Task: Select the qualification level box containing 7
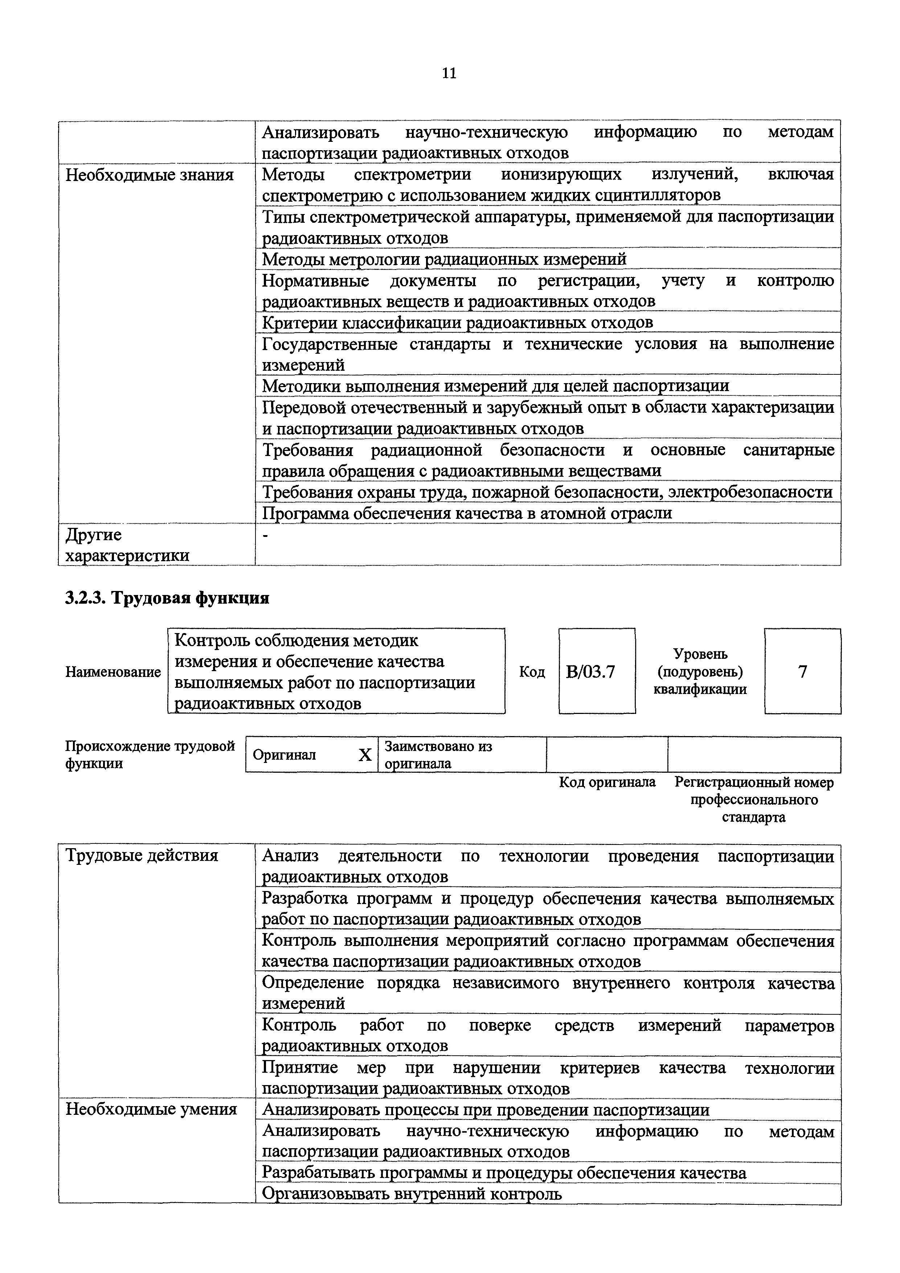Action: pos(802,672)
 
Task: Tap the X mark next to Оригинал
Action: pos(364,755)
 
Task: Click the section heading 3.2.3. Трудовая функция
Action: pos(167,598)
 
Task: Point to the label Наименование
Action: pos(113,672)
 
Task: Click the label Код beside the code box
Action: pos(532,672)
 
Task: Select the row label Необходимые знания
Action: pos(150,175)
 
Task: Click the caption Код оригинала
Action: pos(607,782)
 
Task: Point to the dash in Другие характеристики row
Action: pos(265,535)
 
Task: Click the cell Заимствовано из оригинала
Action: pos(438,755)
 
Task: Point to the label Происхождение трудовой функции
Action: pos(150,755)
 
